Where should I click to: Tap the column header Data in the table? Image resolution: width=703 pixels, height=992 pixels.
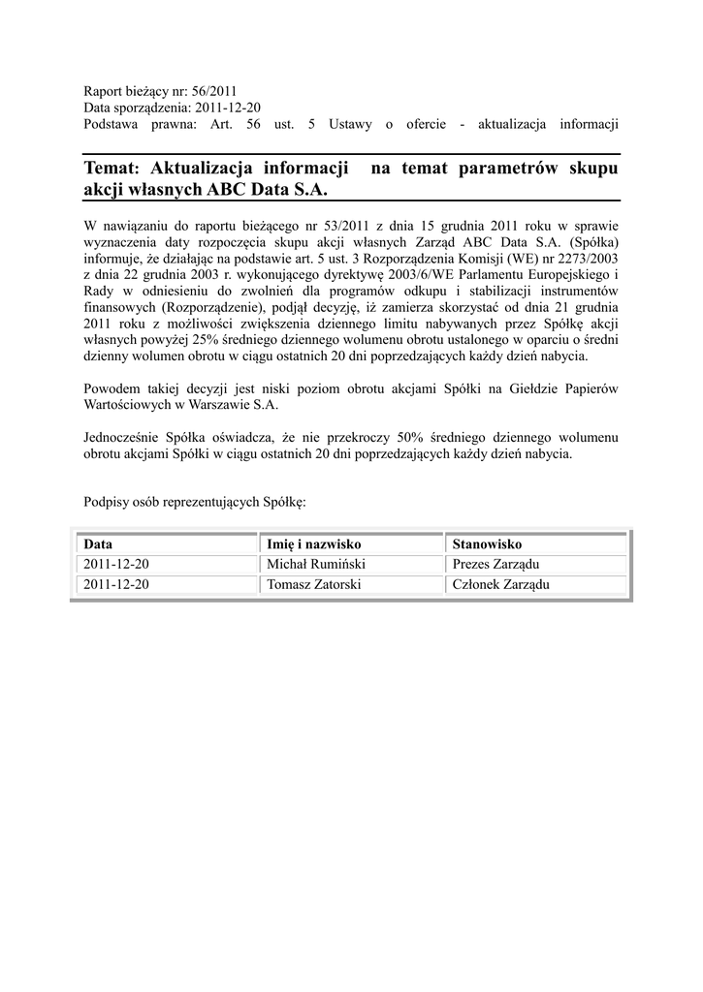(x=98, y=544)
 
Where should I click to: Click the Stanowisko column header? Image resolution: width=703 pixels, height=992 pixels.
(x=487, y=544)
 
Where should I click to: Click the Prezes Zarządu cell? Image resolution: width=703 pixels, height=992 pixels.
(x=495, y=564)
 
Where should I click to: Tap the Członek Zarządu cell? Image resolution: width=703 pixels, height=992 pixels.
(x=500, y=584)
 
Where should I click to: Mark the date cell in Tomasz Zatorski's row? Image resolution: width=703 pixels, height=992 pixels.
(x=115, y=584)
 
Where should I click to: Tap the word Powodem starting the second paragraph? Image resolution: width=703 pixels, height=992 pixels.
(x=112, y=388)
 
